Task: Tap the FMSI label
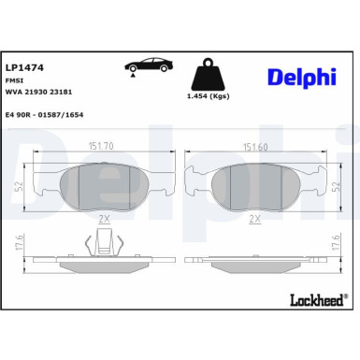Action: point(14,82)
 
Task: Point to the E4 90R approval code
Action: point(43,115)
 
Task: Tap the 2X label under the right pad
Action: point(254,218)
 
